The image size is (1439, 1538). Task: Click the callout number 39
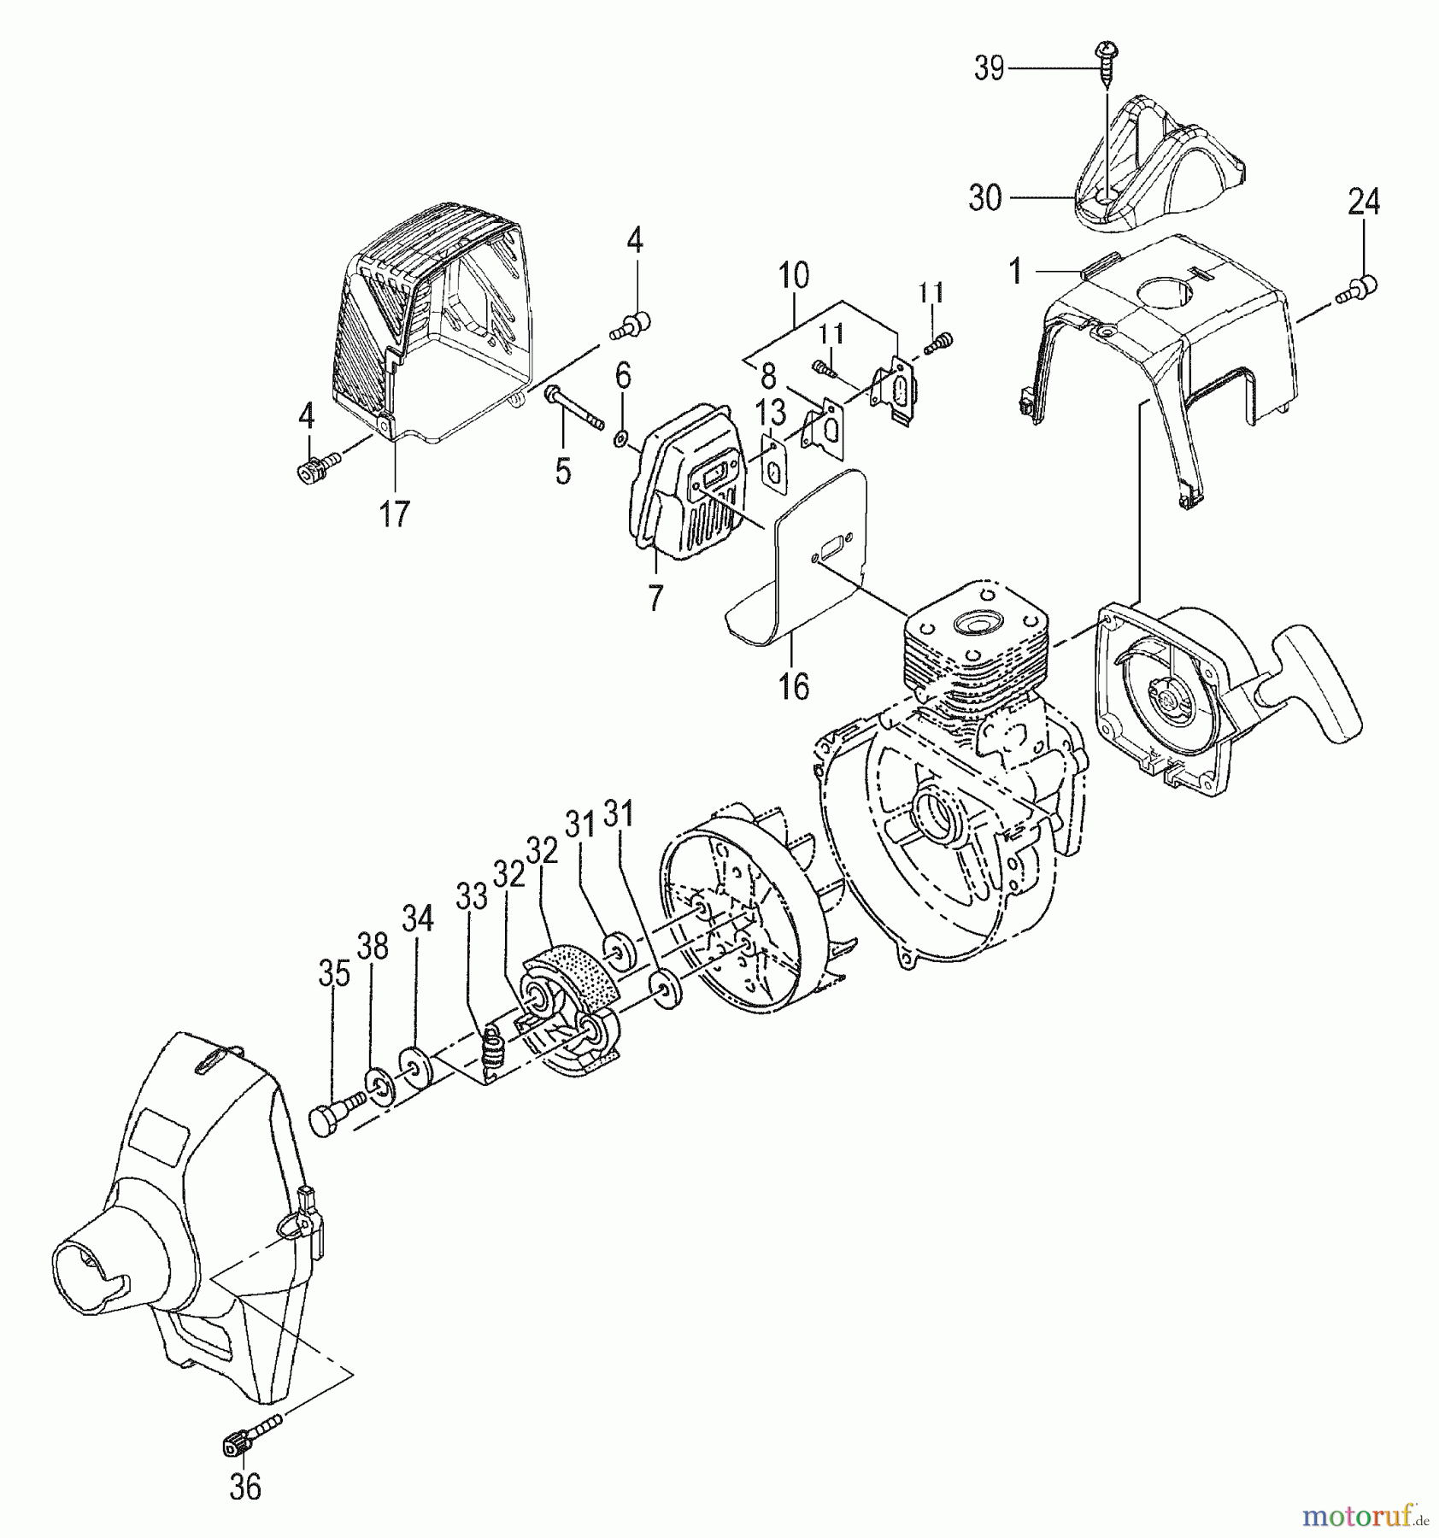(990, 68)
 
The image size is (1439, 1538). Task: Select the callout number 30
(985, 198)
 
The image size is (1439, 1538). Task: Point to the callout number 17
(395, 514)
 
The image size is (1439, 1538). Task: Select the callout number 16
(795, 686)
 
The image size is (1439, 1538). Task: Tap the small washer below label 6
(618, 441)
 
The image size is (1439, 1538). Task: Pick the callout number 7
(655, 599)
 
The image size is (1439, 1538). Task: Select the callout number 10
(794, 276)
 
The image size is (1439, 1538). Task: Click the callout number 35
(334, 974)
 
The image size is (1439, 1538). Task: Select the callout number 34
(418, 919)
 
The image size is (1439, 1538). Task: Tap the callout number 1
(1015, 272)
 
